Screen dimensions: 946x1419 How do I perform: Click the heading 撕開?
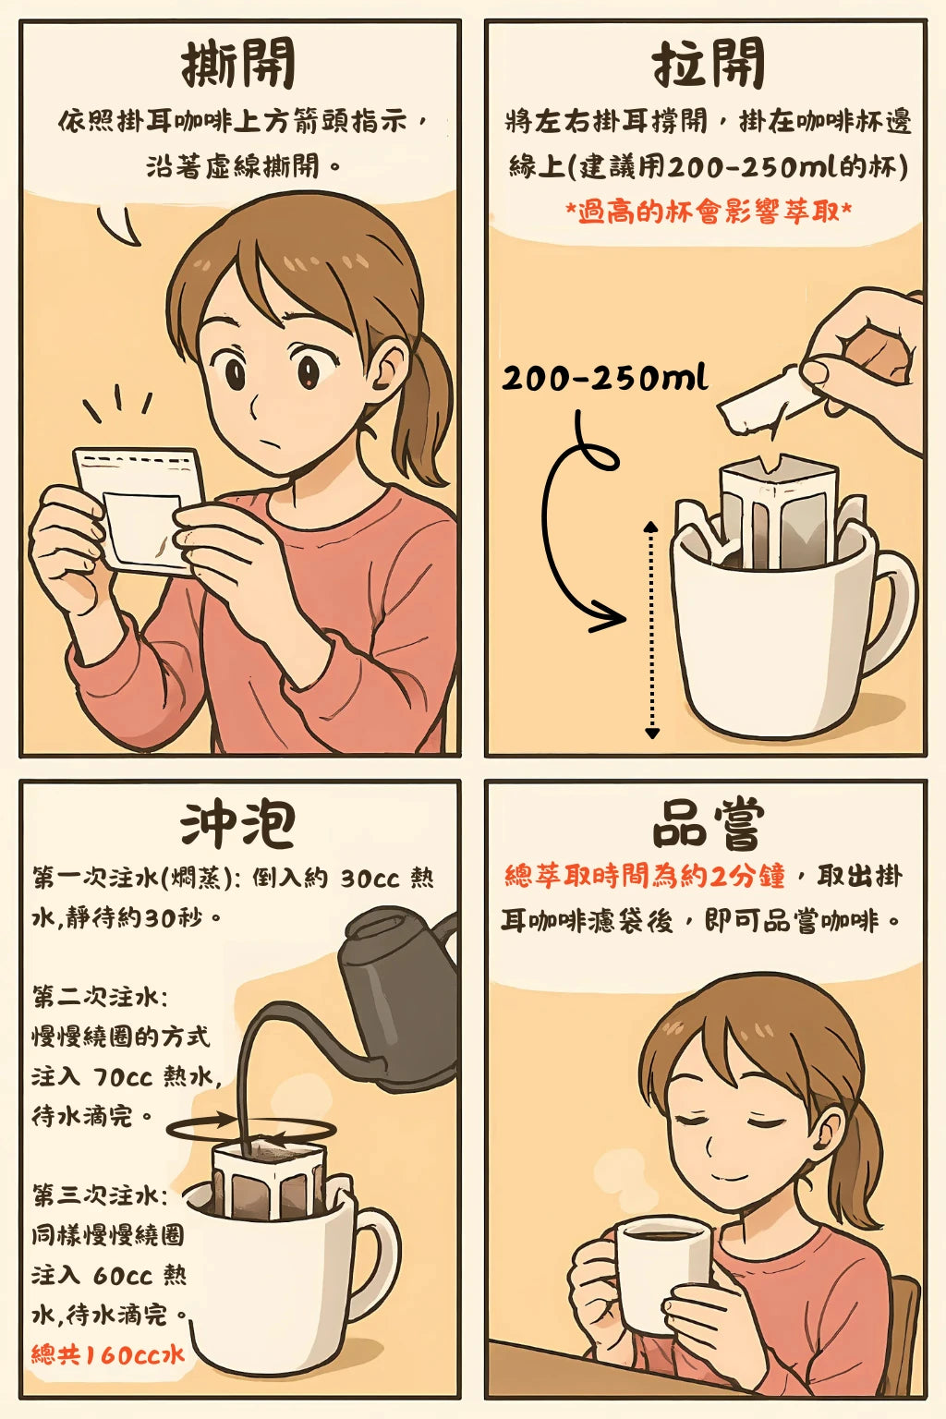[x=238, y=63]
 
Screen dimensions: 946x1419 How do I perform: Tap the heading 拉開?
[x=709, y=63]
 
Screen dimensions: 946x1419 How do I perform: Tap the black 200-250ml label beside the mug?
[x=604, y=378]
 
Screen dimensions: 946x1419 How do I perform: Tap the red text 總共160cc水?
[x=108, y=1353]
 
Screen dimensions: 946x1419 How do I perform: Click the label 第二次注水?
[x=100, y=997]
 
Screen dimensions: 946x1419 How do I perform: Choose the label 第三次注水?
[x=100, y=1195]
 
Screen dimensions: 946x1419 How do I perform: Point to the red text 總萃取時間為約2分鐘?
[x=645, y=876]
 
